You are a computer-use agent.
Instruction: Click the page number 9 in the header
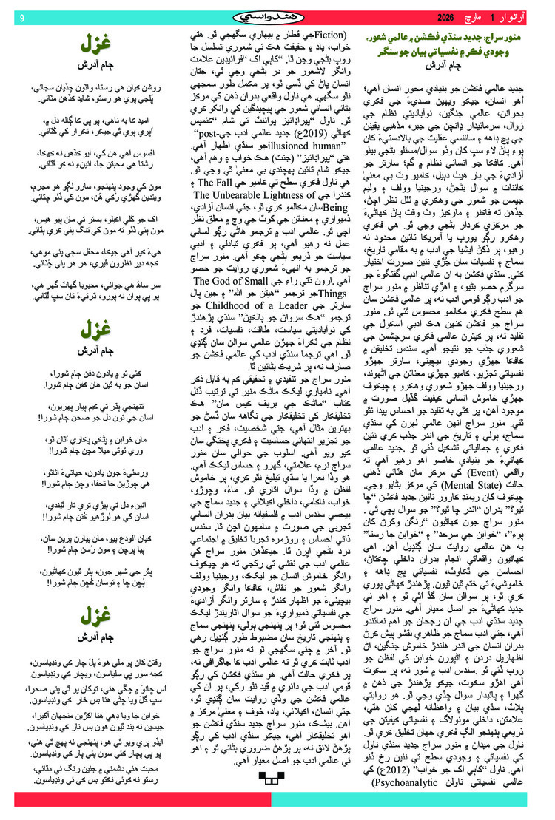(21, 17)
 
